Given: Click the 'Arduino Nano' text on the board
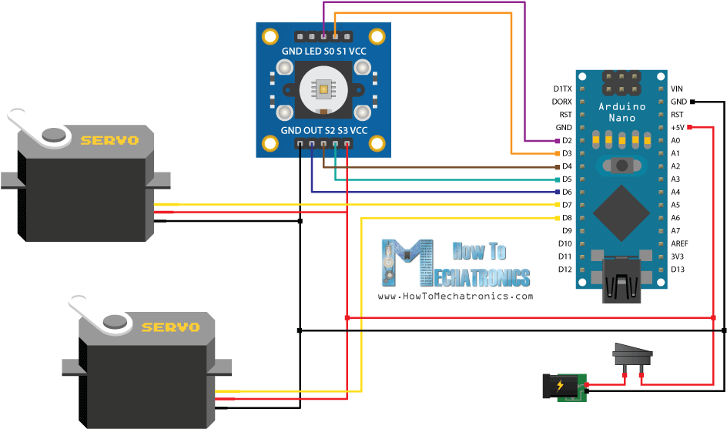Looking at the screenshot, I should (x=621, y=112).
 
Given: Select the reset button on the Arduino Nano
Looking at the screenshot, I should (x=621, y=166).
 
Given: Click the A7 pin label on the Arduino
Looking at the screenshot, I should (x=675, y=230).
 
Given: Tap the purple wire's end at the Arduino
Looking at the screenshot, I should (x=558, y=141).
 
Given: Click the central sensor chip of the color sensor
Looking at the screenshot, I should (x=323, y=89).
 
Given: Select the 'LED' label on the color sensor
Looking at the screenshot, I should (x=313, y=51).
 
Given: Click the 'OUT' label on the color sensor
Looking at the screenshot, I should (x=312, y=131).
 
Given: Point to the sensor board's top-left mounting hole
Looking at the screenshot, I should (x=270, y=35).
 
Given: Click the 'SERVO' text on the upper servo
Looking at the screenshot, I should (x=109, y=140).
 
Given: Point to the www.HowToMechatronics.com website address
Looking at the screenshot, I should (x=454, y=296).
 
